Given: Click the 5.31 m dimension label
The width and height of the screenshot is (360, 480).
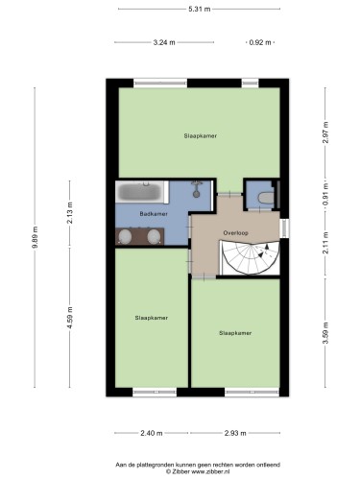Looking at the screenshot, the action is [199, 9].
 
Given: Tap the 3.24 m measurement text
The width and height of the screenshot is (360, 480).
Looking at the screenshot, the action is [164, 42].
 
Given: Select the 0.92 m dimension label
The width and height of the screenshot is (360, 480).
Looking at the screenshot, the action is [260, 42].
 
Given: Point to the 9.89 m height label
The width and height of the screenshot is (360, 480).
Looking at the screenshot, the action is [35, 237].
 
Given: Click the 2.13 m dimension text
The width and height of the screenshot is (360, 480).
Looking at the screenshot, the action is [70, 213].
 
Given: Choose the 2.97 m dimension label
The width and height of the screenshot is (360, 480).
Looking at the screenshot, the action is [325, 132].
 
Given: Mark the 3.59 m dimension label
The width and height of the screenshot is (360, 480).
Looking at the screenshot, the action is [325, 333].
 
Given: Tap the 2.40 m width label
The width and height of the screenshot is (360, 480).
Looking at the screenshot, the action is [152, 433].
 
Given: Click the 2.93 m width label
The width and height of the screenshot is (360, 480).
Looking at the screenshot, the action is [235, 433].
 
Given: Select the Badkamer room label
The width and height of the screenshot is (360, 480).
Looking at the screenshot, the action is [154, 214].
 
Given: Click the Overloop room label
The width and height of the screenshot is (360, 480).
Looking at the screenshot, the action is [235, 233].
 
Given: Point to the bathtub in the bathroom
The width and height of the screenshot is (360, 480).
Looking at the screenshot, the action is [139, 192].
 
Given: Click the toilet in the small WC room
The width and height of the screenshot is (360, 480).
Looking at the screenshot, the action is [266, 198].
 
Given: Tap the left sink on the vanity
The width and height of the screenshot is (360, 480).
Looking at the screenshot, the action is [125, 237].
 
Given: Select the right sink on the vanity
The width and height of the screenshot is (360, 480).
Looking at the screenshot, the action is [154, 237].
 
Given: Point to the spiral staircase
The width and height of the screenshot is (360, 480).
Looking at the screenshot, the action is [251, 258].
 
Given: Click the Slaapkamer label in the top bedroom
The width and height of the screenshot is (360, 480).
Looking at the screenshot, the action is [201, 135].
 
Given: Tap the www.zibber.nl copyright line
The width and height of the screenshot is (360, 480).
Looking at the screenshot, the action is [198, 471].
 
